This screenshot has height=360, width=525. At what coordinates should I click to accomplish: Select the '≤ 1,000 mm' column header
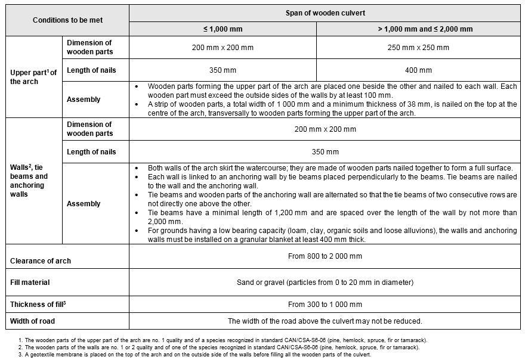(223, 29)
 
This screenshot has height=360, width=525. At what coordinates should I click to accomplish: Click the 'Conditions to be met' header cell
(67, 20)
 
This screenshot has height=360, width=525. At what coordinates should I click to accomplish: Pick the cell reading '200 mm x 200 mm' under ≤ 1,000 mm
(223, 47)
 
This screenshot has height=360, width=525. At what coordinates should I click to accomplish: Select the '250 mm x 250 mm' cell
(418, 47)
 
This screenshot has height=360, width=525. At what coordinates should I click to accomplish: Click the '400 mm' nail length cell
(418, 70)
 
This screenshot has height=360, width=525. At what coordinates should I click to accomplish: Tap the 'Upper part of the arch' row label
(33, 77)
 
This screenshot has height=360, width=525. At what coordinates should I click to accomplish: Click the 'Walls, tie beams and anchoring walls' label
(29, 181)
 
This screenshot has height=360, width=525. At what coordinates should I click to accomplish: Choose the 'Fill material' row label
(30, 282)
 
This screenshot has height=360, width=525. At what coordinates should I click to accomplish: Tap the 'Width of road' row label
(32, 321)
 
